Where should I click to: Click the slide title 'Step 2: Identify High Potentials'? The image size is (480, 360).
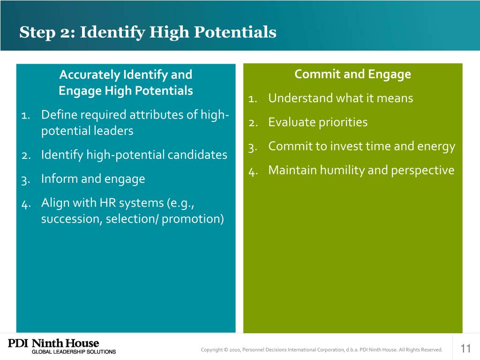(148, 32)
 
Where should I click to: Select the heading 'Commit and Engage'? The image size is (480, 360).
(352, 74)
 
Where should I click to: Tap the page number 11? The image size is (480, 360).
(465, 348)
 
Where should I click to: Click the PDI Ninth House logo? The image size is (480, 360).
(53, 344)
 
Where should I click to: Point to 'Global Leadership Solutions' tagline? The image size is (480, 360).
(73, 352)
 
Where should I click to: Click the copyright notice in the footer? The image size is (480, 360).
(321, 349)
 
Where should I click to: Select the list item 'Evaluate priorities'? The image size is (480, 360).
(318, 122)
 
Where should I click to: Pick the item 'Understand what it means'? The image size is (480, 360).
(340, 98)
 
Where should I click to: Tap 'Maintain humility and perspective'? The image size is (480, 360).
(361, 170)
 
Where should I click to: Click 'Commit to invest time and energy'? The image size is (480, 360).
(361, 146)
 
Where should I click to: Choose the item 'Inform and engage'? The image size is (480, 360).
(93, 179)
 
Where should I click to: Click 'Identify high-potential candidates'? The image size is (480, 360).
(134, 154)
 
